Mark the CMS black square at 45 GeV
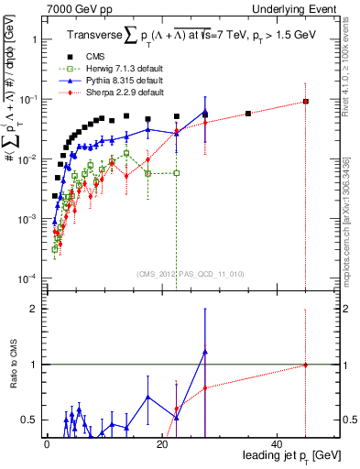pyautogui.click(x=306, y=102)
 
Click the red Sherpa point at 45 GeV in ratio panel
pyautogui.click(x=306, y=365)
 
